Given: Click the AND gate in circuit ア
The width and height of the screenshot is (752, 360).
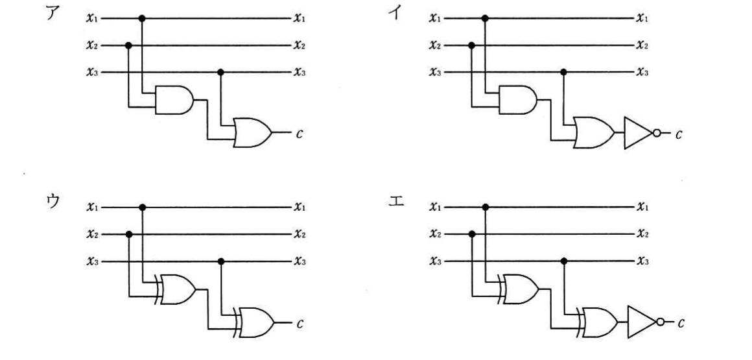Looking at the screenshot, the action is coord(174,101).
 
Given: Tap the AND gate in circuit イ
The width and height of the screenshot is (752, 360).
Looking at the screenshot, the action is coord(518,101).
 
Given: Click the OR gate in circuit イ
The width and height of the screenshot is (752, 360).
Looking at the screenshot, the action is coord(594,132).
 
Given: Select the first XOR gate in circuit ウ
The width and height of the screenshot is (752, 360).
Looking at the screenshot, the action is coord(176,289).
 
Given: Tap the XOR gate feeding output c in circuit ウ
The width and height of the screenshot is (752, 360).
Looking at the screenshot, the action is coord(254,322).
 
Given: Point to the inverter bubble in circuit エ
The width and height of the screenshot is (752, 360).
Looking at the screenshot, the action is coord(661,322).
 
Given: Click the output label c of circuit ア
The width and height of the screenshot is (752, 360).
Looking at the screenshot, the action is coord(300,134).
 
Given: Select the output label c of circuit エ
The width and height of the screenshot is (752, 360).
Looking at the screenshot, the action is coord(681,324).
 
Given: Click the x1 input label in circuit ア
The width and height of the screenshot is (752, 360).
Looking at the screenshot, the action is coord(92,18).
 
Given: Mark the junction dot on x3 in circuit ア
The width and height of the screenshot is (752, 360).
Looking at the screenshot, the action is coord(220,73).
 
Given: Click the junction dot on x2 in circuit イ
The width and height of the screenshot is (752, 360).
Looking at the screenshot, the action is coord(471,45).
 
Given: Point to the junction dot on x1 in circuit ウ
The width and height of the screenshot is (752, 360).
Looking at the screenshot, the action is coord(142,208).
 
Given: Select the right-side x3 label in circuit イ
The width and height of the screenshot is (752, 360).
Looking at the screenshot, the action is coord(642,73).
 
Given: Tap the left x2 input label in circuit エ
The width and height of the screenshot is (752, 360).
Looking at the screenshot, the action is coord(436,234).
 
